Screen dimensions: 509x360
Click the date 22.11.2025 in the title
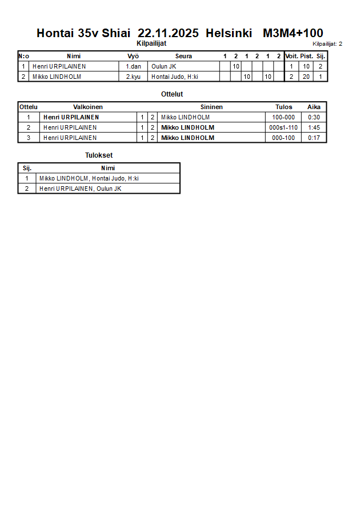pyautogui.click(x=168, y=33)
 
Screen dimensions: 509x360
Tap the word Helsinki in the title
pyautogui.click(x=229, y=33)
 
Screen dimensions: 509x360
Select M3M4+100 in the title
pyautogui.click(x=293, y=33)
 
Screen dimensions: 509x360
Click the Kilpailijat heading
pyautogui.click(x=151, y=43)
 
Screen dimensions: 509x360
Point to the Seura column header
pyautogui.click(x=183, y=56)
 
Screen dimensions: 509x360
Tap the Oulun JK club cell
pyautogui.click(x=163, y=66)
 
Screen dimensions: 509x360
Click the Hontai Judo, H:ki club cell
pyautogui.click(x=174, y=77)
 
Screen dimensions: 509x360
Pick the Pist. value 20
pyautogui.click(x=306, y=77)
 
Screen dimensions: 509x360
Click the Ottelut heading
pyautogui.click(x=172, y=94)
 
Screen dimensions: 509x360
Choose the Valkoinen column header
pyautogui.click(x=88, y=107)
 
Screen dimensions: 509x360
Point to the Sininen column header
pyautogui.click(x=211, y=107)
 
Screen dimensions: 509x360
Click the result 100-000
pyautogui.click(x=283, y=117)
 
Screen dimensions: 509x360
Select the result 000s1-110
pyautogui.click(x=283, y=127)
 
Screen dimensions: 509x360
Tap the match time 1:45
pyautogui.click(x=314, y=127)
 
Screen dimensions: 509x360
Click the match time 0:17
pyautogui.click(x=314, y=138)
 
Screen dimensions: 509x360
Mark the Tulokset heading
pyautogui.click(x=98, y=155)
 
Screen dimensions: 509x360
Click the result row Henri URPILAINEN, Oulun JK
pyautogui.click(x=80, y=189)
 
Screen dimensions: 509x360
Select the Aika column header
pyautogui.click(x=314, y=107)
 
